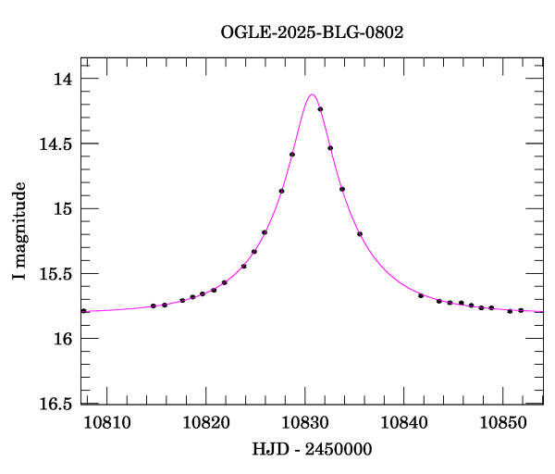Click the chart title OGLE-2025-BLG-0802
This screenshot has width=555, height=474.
[x=312, y=31]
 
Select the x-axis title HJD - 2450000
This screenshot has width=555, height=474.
[x=312, y=449]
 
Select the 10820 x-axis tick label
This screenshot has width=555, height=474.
[x=205, y=422]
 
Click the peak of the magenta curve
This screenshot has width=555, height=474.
[x=312, y=94]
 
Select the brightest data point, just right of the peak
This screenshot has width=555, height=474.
[x=320, y=109]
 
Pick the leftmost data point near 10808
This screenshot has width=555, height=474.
[x=83, y=311]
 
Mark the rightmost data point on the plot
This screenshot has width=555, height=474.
[x=521, y=310]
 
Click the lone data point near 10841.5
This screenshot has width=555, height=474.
[x=421, y=295]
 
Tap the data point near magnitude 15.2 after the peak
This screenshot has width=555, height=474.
[x=360, y=234]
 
